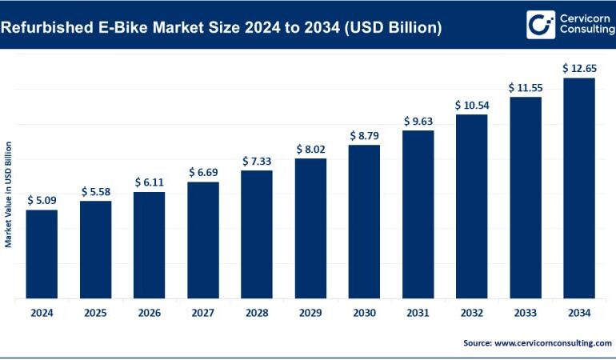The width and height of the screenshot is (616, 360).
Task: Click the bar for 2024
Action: pyautogui.click(x=42, y=254)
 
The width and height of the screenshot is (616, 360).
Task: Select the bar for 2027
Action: pyautogui.click(x=203, y=240)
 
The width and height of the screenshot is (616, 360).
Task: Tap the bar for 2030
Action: pyautogui.click(x=364, y=222)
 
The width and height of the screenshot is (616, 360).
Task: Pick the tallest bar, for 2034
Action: pyautogui.click(x=579, y=188)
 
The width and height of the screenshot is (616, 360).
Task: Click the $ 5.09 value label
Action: pyautogui.click(x=42, y=200)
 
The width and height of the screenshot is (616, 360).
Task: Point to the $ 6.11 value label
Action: pyautogui.click(x=149, y=182)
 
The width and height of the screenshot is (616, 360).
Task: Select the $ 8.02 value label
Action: pyautogui.click(x=310, y=149)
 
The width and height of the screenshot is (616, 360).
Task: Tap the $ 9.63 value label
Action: pyautogui.click(x=418, y=121)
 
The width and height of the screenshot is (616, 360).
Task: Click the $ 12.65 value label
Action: pyautogui.click(x=579, y=68)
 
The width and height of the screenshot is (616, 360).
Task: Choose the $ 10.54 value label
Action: pyautogui.click(x=471, y=105)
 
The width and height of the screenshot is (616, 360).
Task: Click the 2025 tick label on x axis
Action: pyautogui.click(x=95, y=314)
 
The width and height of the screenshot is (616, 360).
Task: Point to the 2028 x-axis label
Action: pyautogui.click(x=257, y=314)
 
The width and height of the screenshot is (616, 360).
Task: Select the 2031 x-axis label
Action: pyautogui.click(x=418, y=314)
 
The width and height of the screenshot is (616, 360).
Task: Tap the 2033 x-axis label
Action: pyautogui.click(x=526, y=314)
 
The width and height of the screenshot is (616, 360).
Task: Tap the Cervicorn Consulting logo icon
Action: pyautogui.click(x=540, y=24)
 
